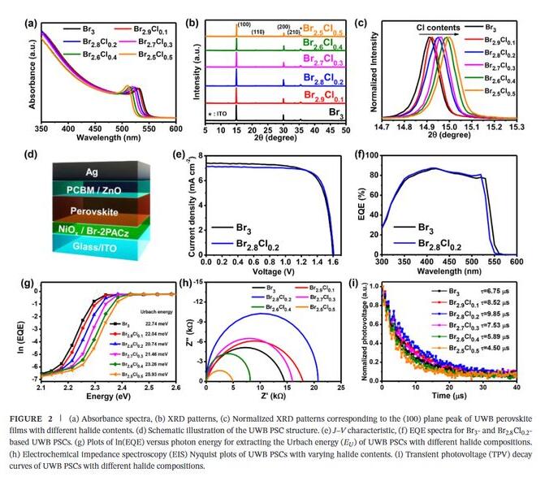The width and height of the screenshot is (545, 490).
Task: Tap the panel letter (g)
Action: [30, 284]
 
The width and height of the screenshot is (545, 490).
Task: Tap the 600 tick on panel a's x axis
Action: [175, 128]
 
